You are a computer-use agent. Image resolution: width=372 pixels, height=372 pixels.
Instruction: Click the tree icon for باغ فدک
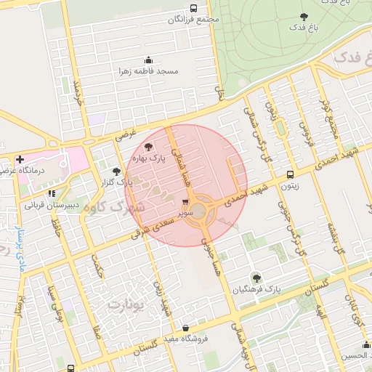304,17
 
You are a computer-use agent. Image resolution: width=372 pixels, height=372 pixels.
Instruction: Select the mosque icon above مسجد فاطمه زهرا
149,60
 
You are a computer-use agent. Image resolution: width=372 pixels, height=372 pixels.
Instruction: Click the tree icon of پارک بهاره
149,146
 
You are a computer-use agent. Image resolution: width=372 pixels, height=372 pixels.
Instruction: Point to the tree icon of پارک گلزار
116,171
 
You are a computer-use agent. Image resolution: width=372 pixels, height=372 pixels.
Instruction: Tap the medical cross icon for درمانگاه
20,159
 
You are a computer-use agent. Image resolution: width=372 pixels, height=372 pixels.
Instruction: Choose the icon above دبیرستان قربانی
52,194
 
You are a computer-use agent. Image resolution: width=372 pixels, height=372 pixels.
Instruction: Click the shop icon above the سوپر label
185,203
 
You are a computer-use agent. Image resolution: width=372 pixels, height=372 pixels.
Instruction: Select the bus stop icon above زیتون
290,174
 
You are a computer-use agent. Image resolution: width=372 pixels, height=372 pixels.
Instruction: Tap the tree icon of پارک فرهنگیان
255,277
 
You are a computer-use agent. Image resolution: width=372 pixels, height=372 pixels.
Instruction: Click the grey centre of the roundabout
198,211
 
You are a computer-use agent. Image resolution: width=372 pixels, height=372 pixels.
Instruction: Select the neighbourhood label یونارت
126,304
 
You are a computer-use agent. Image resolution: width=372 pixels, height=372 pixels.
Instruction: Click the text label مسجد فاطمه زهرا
149,72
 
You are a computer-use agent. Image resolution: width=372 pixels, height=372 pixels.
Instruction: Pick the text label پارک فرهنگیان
256,289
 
